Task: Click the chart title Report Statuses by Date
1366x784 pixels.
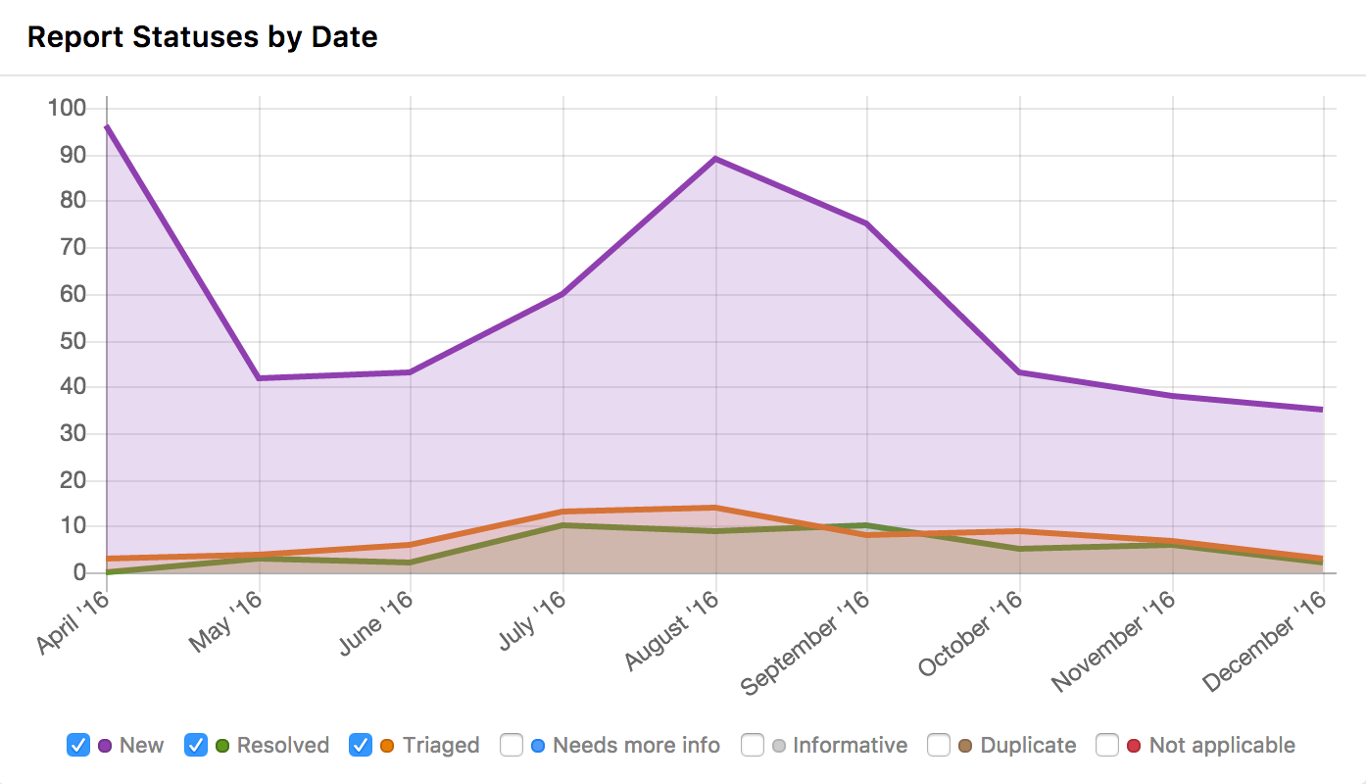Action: pyautogui.click(x=202, y=37)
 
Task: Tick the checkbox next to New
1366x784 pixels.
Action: pyautogui.click(x=78, y=745)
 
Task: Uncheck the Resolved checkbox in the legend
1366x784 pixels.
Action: pyautogui.click(x=196, y=745)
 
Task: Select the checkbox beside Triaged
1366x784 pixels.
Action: pyautogui.click(x=361, y=745)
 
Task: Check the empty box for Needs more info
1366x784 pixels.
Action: pyautogui.click(x=512, y=745)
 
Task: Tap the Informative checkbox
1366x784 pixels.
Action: pyautogui.click(x=753, y=745)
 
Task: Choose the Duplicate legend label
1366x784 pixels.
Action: pyautogui.click(x=1028, y=745)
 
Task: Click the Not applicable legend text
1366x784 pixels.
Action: pyautogui.click(x=1222, y=745)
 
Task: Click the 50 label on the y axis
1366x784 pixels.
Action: pyautogui.click(x=73, y=341)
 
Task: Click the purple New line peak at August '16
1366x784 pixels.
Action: pyautogui.click(x=716, y=159)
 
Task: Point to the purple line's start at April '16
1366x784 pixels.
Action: pyautogui.click(x=106, y=126)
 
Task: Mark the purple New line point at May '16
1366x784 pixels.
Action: pyautogui.click(x=259, y=378)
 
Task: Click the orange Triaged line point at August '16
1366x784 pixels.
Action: pyautogui.click(x=716, y=508)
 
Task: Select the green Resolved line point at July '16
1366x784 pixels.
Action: pyautogui.click(x=563, y=525)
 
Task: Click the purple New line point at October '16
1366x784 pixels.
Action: pyautogui.click(x=1021, y=372)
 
